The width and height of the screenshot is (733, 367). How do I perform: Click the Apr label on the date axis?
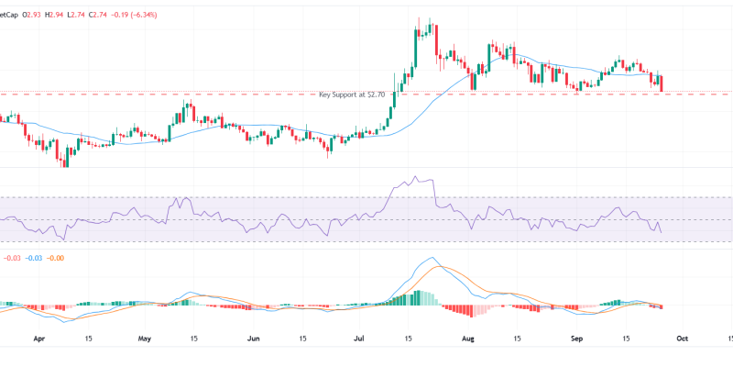39,338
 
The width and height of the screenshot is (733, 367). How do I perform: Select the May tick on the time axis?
144,338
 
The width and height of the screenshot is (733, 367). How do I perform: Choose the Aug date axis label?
468,338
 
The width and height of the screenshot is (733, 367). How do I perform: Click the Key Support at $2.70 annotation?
355,95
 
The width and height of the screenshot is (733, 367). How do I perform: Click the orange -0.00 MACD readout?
56,259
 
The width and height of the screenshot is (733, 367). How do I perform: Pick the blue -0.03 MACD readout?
33,259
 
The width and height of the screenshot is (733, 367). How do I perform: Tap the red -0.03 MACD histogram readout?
10,259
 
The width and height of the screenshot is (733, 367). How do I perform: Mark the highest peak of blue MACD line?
429,258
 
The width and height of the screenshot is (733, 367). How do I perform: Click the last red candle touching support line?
662,83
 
